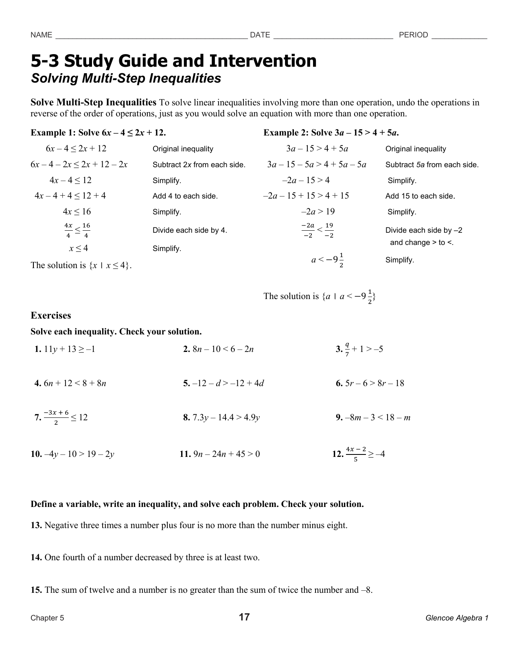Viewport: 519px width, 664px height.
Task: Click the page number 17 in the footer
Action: pyautogui.click(x=244, y=617)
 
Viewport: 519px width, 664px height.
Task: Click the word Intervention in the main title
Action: pyautogui.click(x=263, y=61)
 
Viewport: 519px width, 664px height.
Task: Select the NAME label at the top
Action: pyautogui.click(x=41, y=35)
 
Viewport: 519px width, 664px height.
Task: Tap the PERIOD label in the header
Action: pyautogui.click(x=413, y=35)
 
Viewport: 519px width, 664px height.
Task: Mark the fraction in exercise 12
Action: pyautogui.click(x=355, y=454)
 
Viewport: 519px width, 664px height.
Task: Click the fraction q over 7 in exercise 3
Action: pyautogui.click(x=347, y=349)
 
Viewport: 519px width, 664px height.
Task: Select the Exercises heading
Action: pyautogui.click(x=50, y=316)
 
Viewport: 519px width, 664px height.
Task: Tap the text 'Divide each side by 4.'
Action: pyautogui.click(x=190, y=230)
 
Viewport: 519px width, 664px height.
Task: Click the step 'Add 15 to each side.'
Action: pyautogui.click(x=420, y=196)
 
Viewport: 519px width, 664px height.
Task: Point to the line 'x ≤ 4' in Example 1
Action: pyautogui.click(x=78, y=248)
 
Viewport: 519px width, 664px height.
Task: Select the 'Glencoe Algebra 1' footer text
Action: pyautogui.click(x=457, y=618)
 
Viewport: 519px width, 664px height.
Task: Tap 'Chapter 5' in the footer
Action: pyautogui.click(x=47, y=618)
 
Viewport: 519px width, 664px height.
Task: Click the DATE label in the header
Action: pyautogui.click(x=260, y=35)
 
